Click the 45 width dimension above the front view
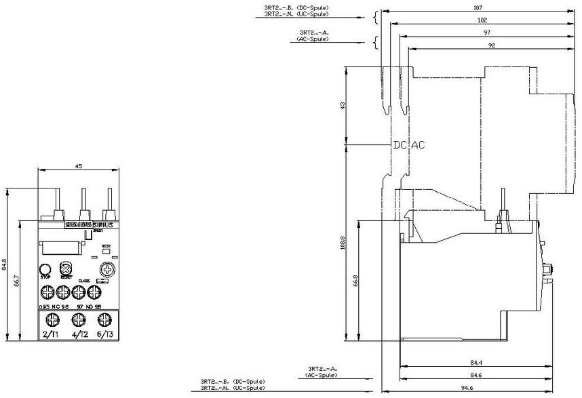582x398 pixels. pos(79,166)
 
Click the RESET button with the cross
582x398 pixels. pos(66,268)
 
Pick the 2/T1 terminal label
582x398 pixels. pos(51,334)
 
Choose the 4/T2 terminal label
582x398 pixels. pos(80,334)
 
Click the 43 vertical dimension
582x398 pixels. pos(343,105)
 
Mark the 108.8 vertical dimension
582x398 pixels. pos(342,242)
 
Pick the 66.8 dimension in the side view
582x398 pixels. pos(355,280)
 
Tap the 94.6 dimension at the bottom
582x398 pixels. pos(486,389)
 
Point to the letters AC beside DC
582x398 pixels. pos(419,145)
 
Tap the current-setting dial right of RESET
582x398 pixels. pos(106,270)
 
